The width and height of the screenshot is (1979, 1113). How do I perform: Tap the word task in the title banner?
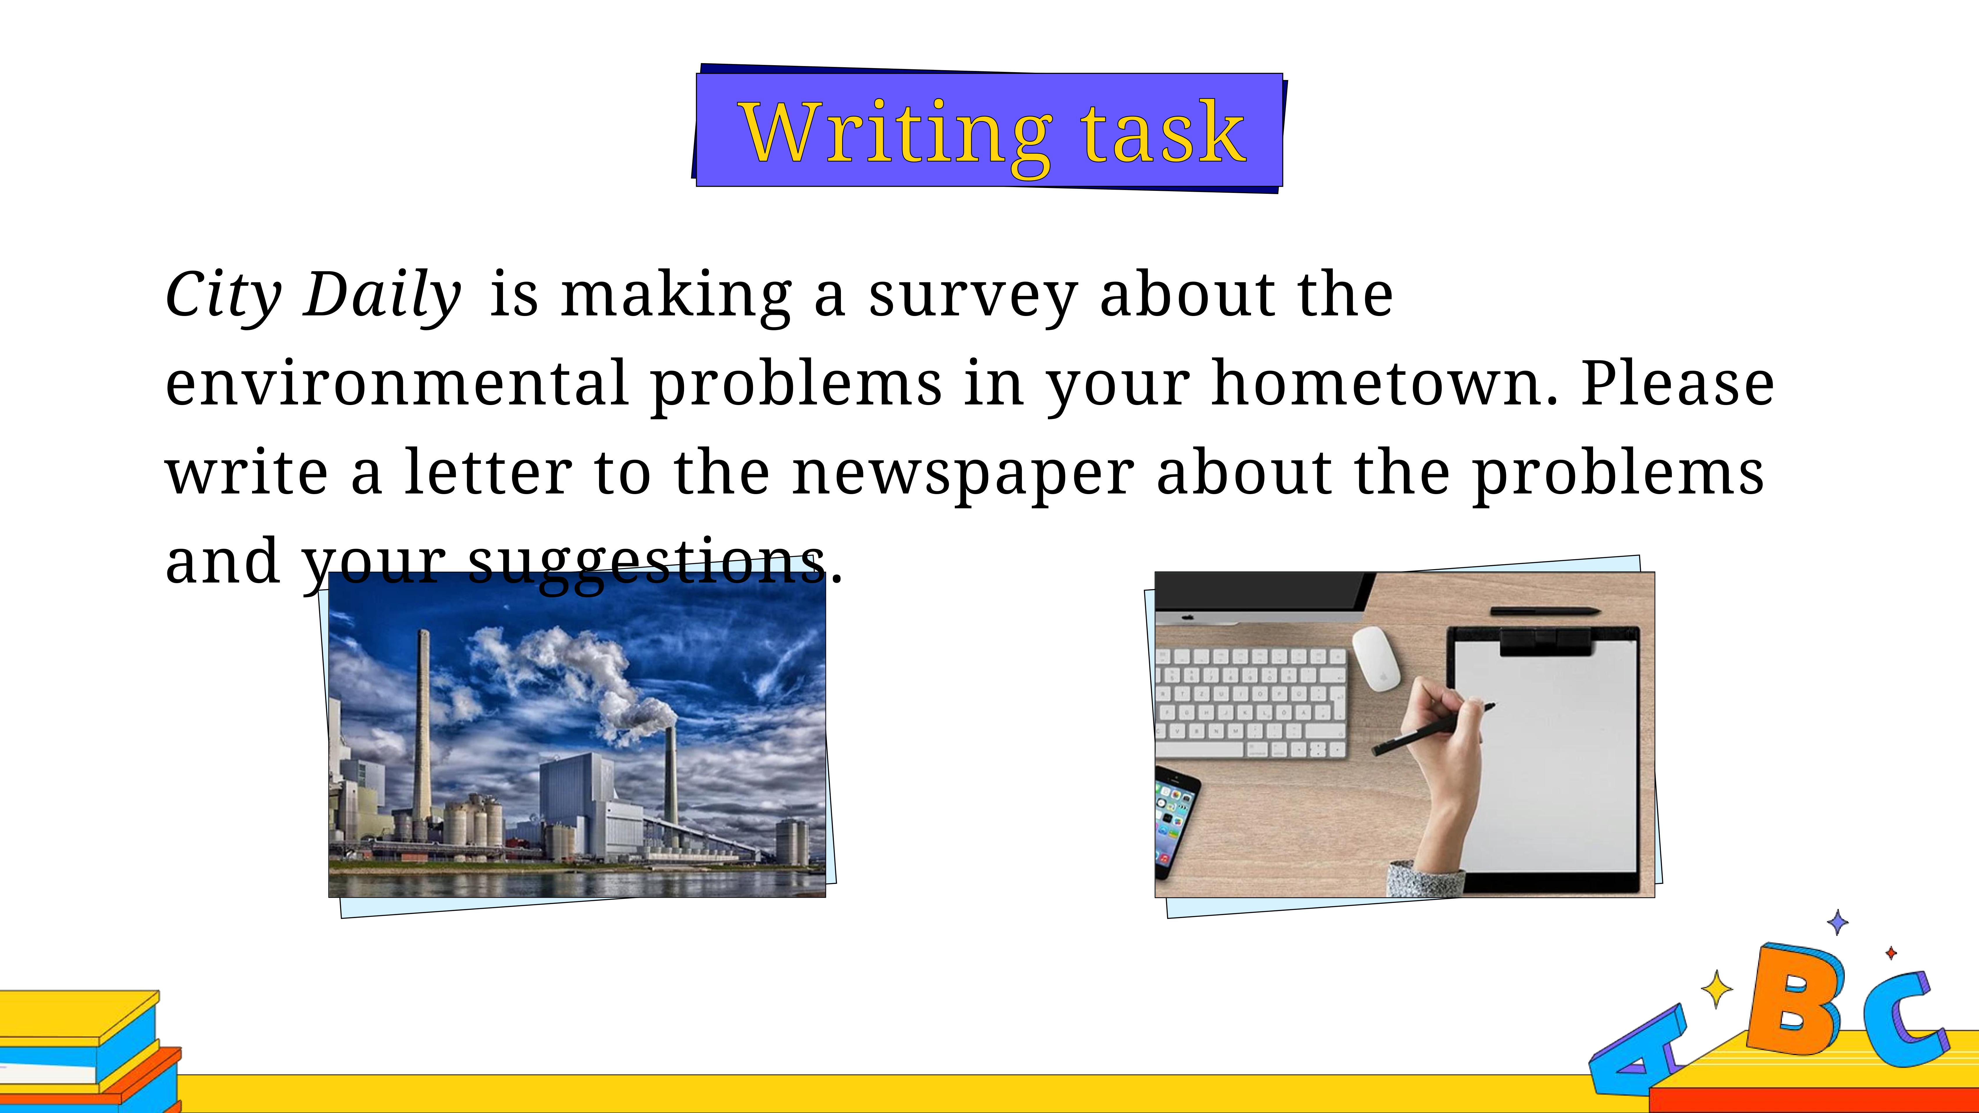[1163, 132]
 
